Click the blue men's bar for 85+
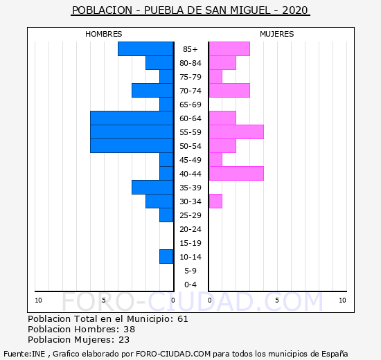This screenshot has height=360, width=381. (x=145, y=49)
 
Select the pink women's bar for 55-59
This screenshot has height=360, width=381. (x=236, y=132)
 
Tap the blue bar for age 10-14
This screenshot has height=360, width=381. (x=166, y=257)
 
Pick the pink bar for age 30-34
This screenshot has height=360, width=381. (x=215, y=201)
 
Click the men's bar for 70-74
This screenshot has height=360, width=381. (x=152, y=91)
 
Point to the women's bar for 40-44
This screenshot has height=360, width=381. (x=236, y=174)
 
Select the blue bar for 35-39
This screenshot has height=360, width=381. (x=152, y=188)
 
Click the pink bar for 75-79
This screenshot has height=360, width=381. (x=215, y=77)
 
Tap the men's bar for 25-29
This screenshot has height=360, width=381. (x=166, y=215)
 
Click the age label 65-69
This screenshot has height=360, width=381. (x=190, y=105)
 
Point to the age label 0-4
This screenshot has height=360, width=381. (x=190, y=285)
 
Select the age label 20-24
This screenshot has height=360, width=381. (x=190, y=229)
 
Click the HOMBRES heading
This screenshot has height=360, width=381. (x=104, y=34)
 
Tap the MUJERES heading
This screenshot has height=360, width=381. (x=277, y=34)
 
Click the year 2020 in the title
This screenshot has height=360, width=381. (x=295, y=10)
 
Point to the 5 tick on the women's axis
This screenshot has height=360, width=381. (x=277, y=300)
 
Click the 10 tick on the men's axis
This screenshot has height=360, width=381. (x=38, y=300)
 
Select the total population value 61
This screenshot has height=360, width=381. (x=183, y=318)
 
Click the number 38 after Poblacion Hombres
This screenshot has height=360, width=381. (x=130, y=329)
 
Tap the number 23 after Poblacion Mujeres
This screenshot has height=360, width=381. (x=124, y=340)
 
